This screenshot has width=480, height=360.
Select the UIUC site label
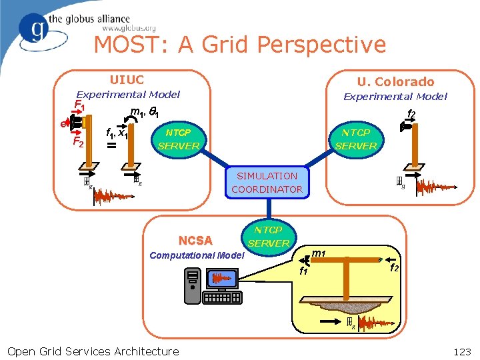127,80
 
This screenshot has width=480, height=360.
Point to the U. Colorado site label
395,82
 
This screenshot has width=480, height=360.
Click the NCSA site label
195,241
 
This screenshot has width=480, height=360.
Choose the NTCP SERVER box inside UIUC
179,139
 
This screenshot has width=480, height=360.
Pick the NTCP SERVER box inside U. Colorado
356,139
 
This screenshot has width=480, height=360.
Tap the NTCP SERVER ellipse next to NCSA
269,237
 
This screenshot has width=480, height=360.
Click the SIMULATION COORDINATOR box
267,183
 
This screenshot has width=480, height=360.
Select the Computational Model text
197,255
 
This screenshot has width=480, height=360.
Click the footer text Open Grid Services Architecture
93,351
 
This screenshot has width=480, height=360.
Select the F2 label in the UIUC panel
78,142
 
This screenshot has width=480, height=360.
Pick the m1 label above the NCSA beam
319,253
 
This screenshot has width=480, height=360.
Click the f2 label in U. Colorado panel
411,115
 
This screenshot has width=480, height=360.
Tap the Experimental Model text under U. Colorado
395,97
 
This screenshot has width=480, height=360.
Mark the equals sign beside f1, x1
111,145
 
